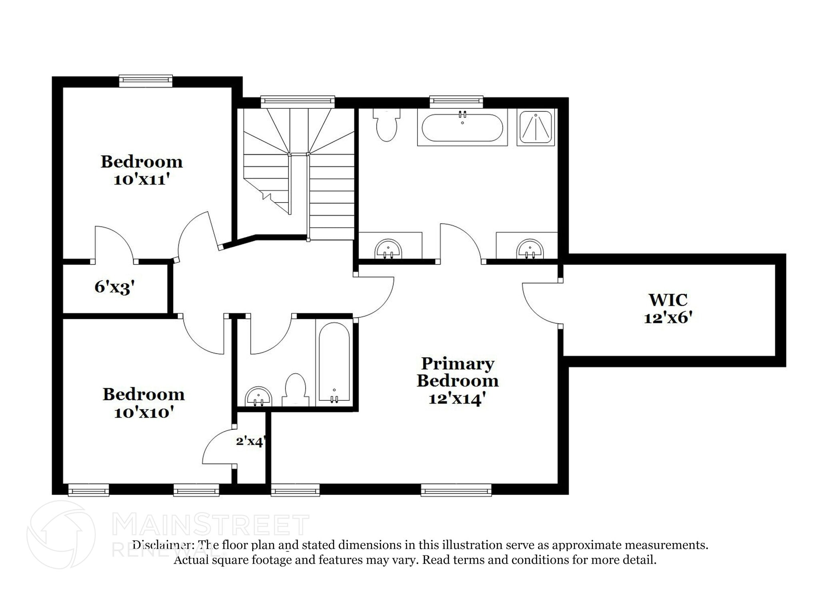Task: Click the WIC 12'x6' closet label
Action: coord(667,308)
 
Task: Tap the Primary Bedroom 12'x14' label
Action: coord(457,380)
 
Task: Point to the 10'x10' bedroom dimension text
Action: coord(144,412)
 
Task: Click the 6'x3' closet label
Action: coord(114,287)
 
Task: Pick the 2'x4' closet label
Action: coord(250,441)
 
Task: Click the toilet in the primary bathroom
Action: coord(386,124)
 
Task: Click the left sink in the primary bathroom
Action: coord(388,249)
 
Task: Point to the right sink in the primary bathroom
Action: coord(530,249)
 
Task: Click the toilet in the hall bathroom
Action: coord(296,389)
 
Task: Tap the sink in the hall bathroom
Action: coord(258,396)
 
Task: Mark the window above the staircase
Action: coord(298,101)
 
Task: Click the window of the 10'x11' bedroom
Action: coord(146,81)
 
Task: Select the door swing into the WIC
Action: coord(541,304)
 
